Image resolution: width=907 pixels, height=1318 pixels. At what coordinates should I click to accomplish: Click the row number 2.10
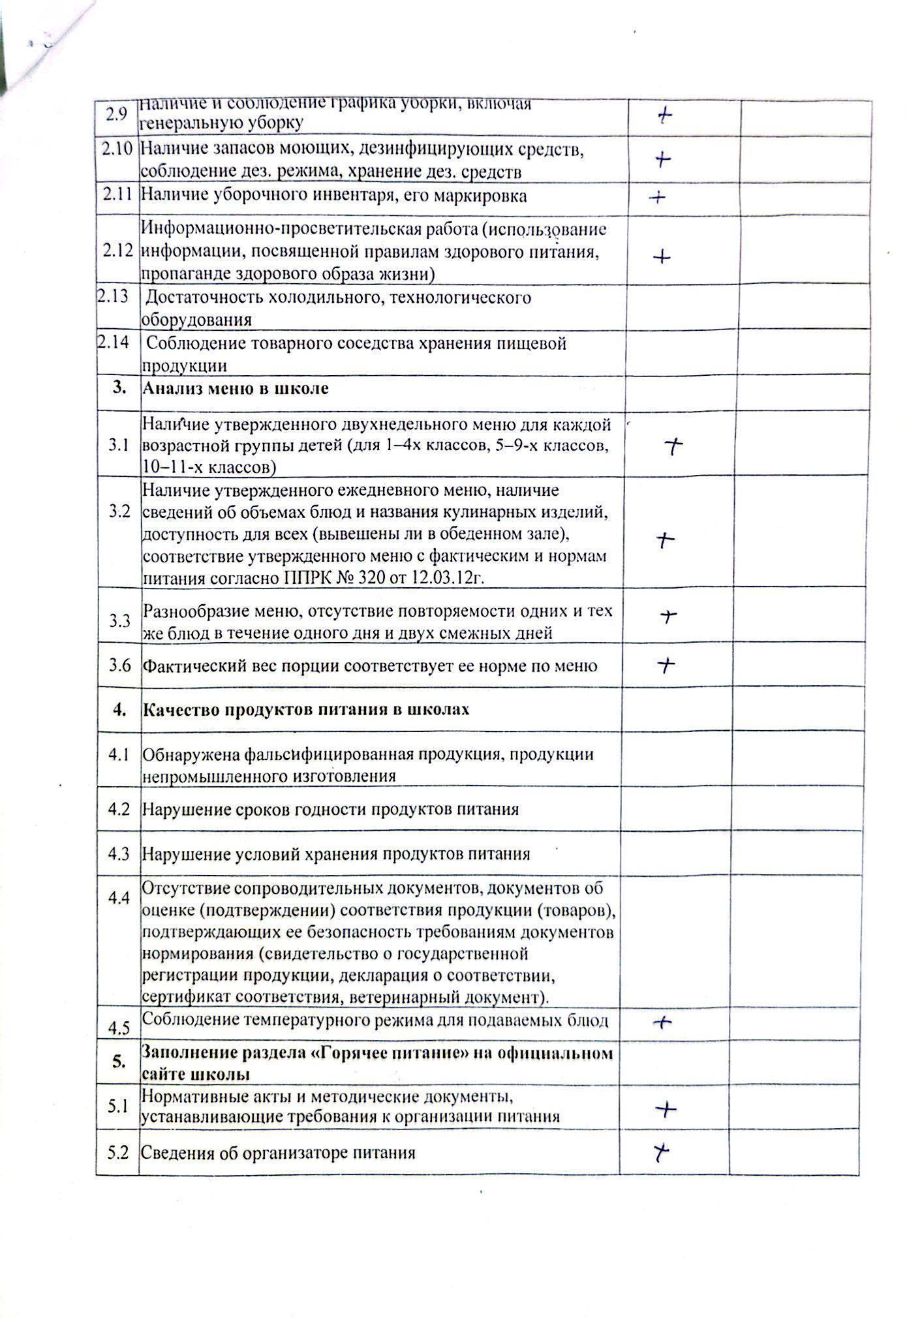coord(117,149)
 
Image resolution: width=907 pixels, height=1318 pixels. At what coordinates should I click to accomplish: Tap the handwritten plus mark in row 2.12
coord(662,257)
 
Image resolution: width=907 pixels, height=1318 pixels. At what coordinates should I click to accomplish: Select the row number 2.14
coord(113,341)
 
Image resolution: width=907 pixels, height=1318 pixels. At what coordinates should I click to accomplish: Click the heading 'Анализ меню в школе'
coord(236,389)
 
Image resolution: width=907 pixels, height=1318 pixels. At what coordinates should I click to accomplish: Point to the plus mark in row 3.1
coord(673,446)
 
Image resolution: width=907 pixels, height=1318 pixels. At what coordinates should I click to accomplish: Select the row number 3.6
coord(120,666)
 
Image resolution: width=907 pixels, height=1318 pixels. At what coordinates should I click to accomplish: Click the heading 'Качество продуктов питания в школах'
coord(305,709)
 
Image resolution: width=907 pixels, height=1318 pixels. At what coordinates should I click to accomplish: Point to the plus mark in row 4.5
coord(663,1023)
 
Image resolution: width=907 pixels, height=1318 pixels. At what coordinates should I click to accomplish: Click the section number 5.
coord(118,1062)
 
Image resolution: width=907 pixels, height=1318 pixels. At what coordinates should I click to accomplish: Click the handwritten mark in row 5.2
coord(661,1153)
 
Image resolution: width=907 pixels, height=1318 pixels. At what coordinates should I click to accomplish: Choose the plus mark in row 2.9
coord(664,116)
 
